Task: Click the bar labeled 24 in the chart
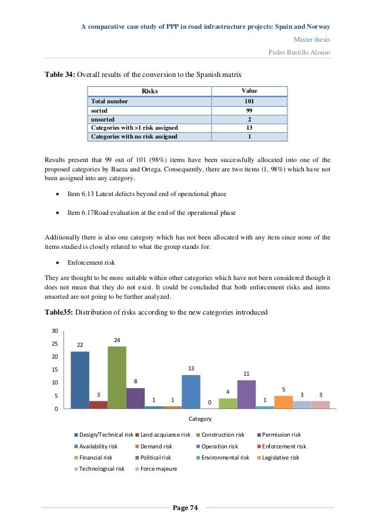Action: [116, 377]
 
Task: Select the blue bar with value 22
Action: [80, 380]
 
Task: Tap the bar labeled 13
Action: [191, 391]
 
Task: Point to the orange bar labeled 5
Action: [283, 402]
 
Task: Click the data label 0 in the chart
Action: [210, 403]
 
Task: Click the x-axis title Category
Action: [200, 419]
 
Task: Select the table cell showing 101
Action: [249, 101]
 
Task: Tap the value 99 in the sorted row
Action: [249, 110]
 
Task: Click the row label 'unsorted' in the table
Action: [102, 119]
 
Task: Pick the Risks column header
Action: [149, 92]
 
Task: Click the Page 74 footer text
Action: [186, 507]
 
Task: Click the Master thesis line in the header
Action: [311, 40]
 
